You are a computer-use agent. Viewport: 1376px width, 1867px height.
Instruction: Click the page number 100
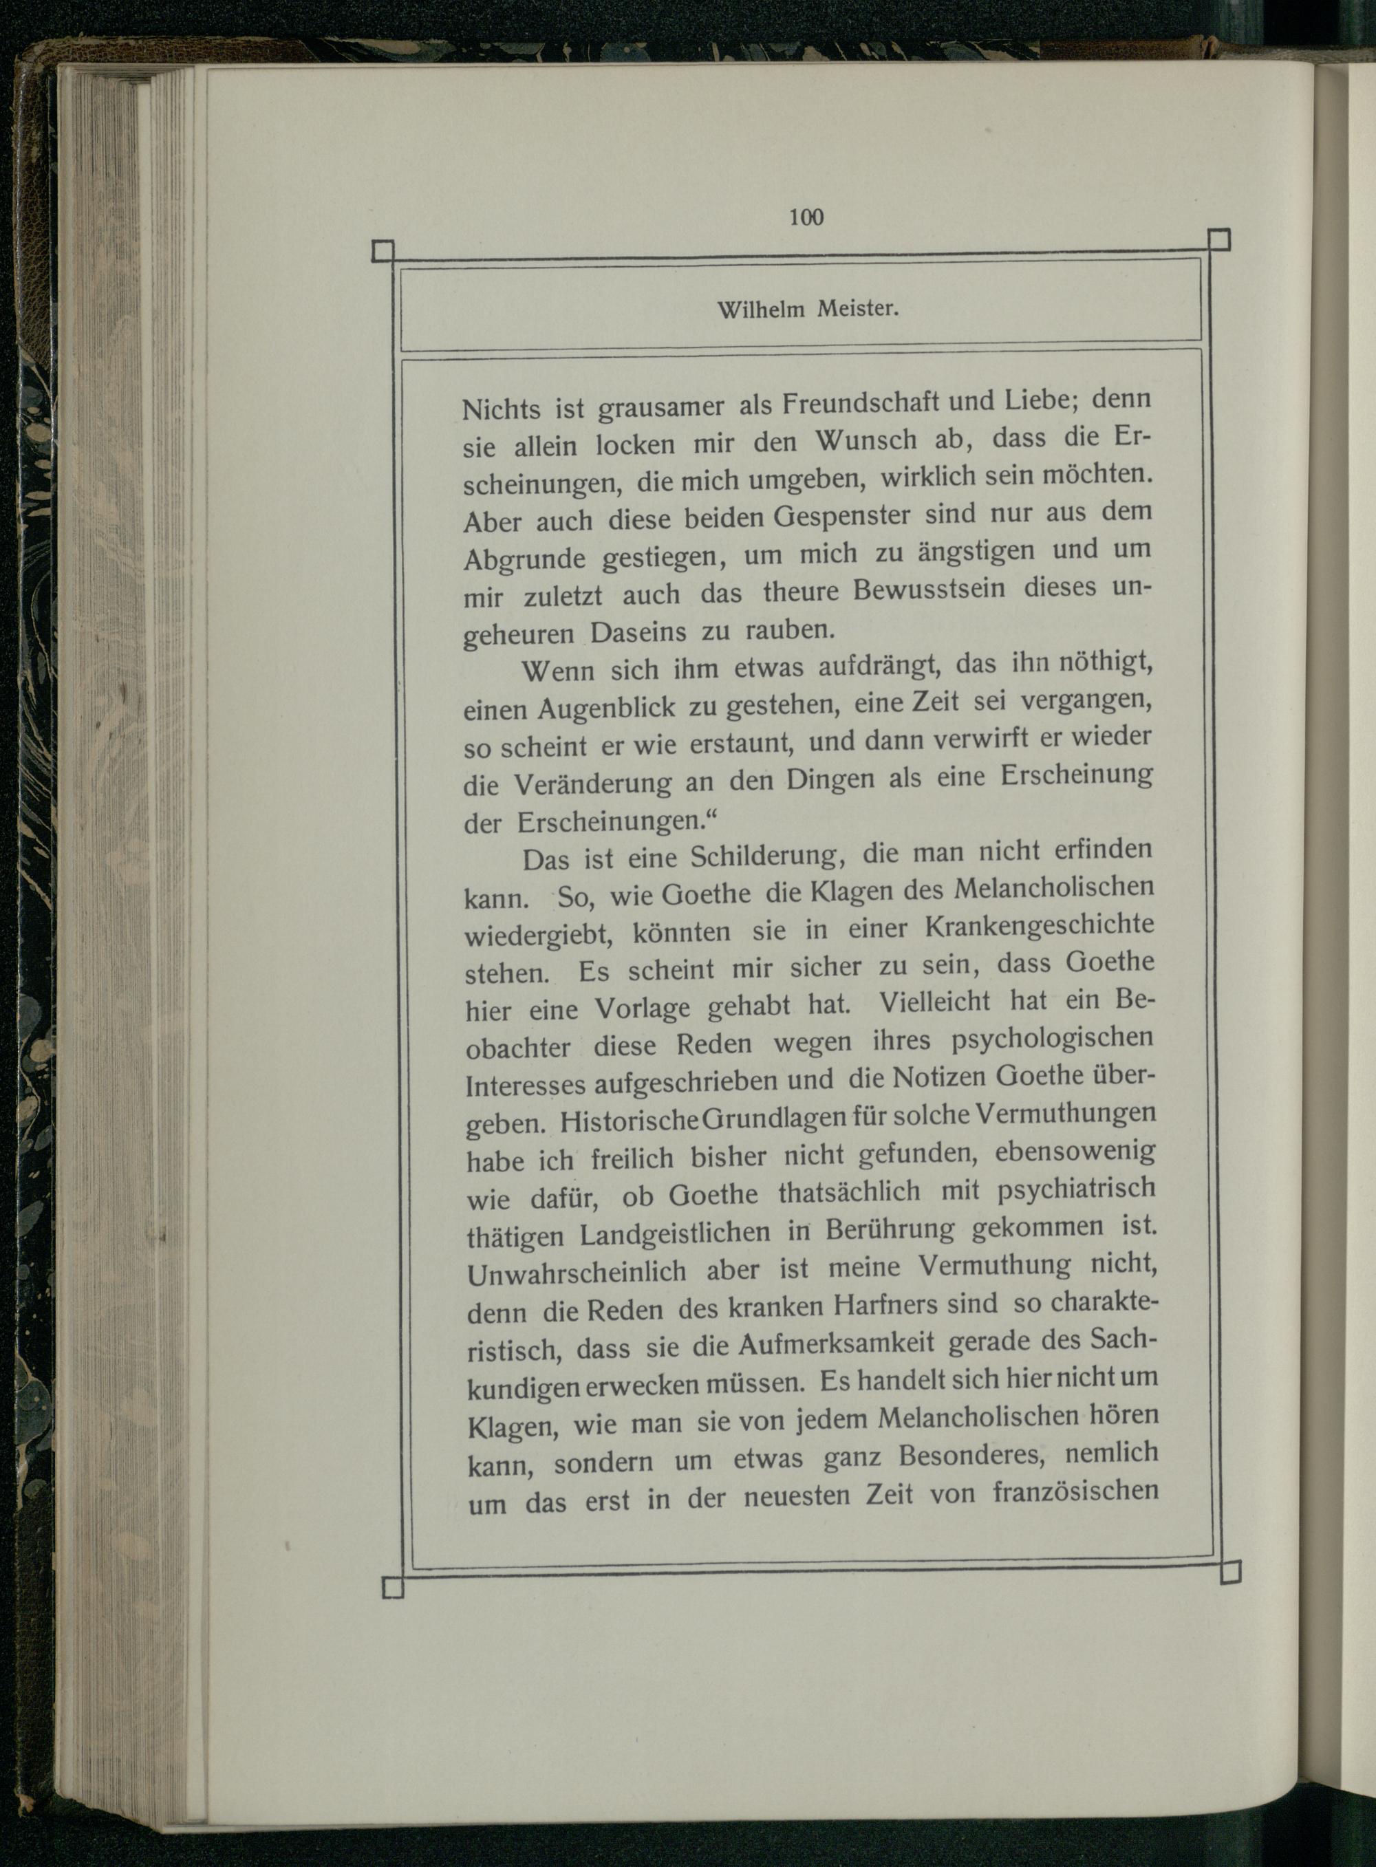[806, 217]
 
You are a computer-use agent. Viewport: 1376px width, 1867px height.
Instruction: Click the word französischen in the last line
[1076, 1490]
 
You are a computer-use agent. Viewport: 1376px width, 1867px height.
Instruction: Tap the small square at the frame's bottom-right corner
[1229, 1571]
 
